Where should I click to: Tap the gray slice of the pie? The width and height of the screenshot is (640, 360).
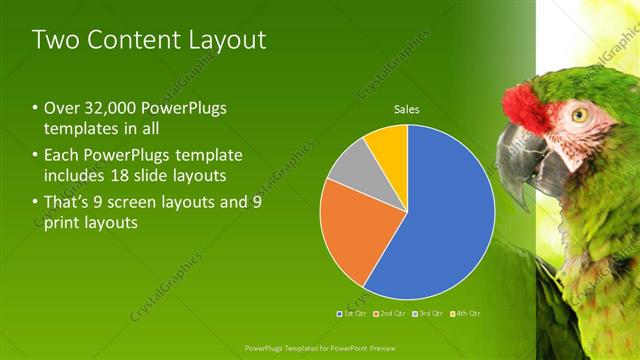349,168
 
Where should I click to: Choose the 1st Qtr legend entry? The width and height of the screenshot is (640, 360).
351,314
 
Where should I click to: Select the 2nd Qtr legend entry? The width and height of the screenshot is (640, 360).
390,314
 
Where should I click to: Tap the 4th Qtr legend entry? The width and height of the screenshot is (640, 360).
466,314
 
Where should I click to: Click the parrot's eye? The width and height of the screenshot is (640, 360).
579,114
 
